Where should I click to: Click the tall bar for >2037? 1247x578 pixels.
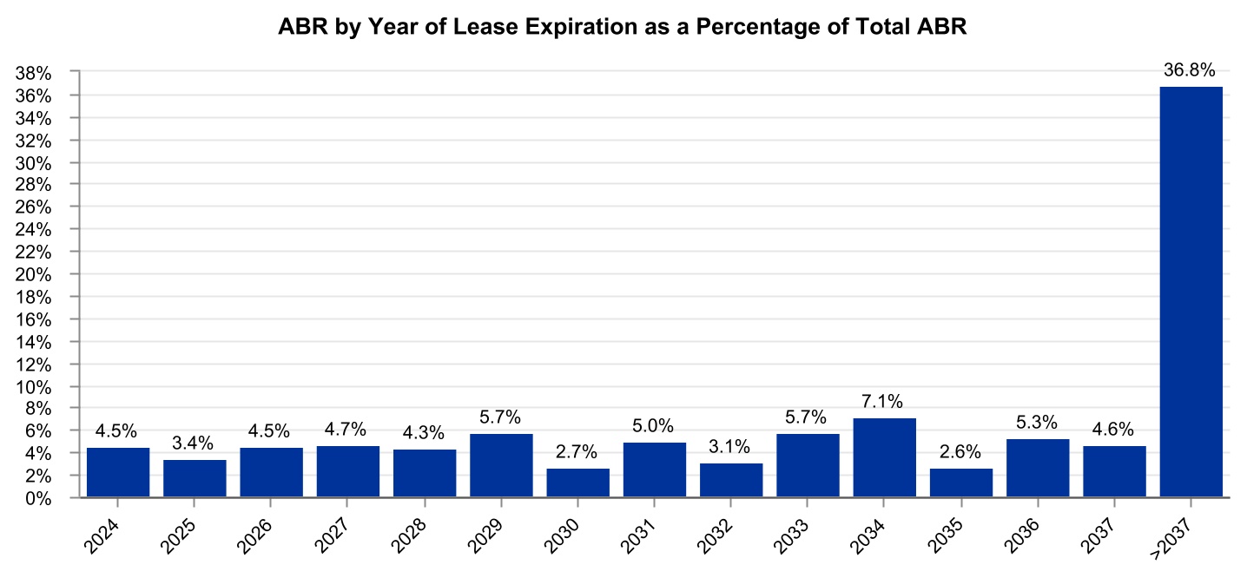(x=1191, y=292)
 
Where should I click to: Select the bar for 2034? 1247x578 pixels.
(x=884, y=458)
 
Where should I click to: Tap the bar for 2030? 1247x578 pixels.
(x=577, y=483)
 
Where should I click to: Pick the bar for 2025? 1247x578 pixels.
(x=195, y=478)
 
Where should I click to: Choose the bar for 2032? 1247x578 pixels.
(x=731, y=480)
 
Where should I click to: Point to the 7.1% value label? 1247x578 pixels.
(x=884, y=402)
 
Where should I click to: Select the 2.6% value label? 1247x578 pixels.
(x=960, y=452)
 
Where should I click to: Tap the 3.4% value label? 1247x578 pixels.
(x=195, y=443)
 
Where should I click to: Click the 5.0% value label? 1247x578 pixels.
(x=654, y=425)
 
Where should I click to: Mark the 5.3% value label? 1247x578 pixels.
(x=1037, y=423)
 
